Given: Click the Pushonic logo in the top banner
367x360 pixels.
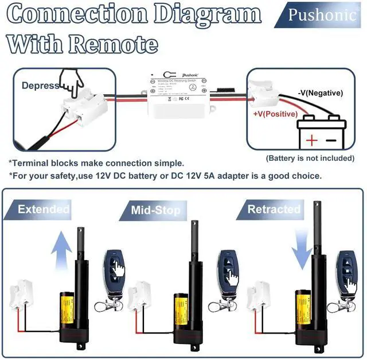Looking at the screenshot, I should pos(322,14).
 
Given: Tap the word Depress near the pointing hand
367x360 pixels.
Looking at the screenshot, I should pos(40,86).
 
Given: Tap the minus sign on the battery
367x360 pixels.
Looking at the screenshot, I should pos(331,140).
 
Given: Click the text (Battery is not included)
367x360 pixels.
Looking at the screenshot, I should pos(310,158).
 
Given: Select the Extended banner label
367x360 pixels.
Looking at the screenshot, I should pos(43,209).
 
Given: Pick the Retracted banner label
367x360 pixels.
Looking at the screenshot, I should pos(274,209).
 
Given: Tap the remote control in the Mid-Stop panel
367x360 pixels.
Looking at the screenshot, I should pos(228,270).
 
